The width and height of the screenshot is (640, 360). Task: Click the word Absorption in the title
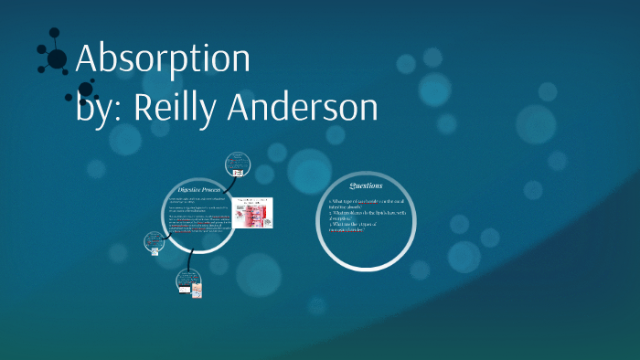tap(163, 59)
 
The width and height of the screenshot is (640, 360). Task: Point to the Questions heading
tap(366, 186)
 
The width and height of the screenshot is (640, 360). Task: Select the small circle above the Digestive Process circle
tap(237, 166)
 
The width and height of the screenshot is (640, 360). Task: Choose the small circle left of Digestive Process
tap(153, 243)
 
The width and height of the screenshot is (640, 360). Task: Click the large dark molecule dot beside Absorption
tap(57, 58)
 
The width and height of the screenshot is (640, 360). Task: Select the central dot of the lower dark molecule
tap(85, 90)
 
